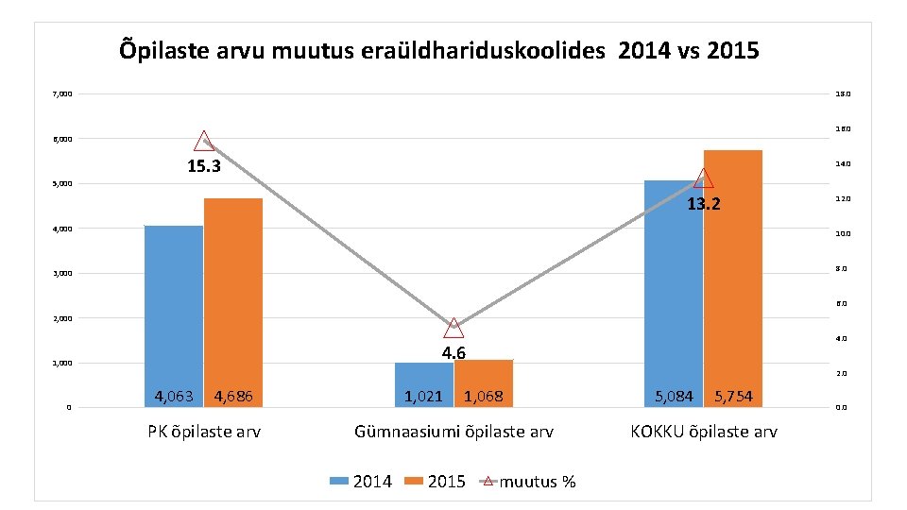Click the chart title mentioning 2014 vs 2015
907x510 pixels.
click(x=439, y=50)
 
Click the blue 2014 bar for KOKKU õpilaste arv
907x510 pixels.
click(x=673, y=283)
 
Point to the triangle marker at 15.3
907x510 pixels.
click(x=204, y=142)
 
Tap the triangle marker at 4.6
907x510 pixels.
click(x=453, y=328)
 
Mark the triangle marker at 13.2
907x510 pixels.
click(x=703, y=178)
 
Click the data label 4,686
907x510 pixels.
click(x=233, y=397)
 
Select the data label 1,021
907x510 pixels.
click(x=423, y=397)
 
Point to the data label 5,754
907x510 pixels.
click(x=733, y=397)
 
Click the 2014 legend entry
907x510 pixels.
click(x=362, y=482)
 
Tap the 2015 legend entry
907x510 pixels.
click(x=436, y=482)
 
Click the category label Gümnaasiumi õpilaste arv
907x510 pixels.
click(x=453, y=432)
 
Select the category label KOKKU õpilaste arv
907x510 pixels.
click(x=704, y=432)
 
